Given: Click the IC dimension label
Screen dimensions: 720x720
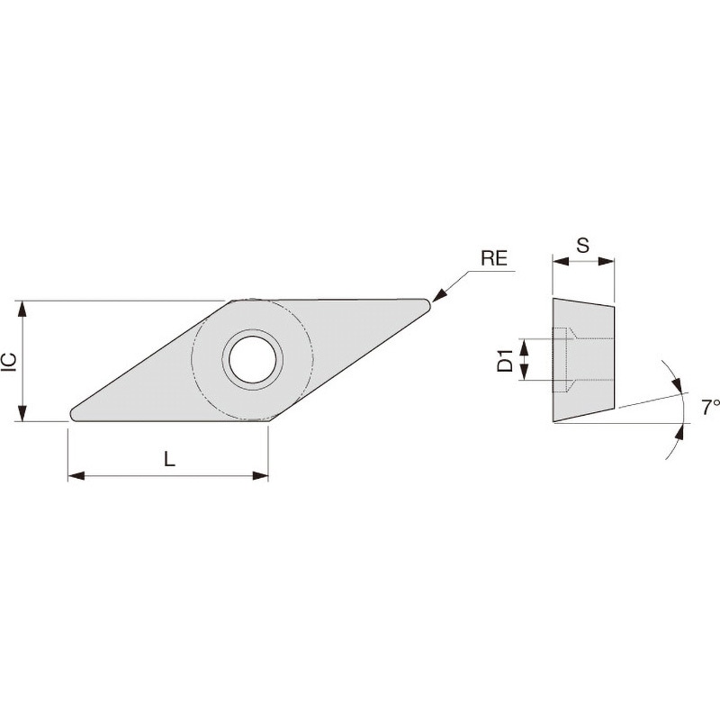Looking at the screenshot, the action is point(12,362).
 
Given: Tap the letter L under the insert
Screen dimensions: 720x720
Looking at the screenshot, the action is point(170,459).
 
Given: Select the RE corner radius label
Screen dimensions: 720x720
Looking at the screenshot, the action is point(494,258).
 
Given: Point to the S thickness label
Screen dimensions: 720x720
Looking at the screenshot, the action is point(582,246).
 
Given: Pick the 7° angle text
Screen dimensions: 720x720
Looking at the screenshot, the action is point(710,408).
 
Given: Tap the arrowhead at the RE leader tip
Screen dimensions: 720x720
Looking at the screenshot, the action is point(439,295).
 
